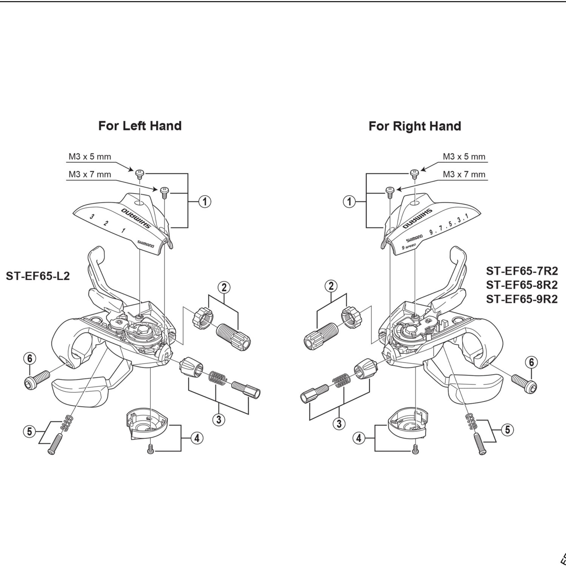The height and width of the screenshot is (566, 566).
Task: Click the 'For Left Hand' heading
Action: (140, 126)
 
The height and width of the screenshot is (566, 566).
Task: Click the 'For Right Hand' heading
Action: (415, 126)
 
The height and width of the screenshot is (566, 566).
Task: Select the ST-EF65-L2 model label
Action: (38, 276)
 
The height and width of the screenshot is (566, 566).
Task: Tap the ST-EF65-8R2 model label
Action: (522, 285)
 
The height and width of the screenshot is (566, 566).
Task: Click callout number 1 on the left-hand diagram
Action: (205, 201)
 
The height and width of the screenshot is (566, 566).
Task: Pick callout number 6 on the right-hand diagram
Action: (531, 363)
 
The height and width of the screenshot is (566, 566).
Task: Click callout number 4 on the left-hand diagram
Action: (197, 438)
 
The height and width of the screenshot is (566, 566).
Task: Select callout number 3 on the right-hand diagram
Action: (339, 423)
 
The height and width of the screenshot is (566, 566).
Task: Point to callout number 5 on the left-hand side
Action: (29, 432)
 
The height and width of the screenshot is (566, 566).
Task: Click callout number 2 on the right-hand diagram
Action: (331, 286)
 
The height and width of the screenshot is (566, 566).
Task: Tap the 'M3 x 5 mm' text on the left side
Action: (90, 157)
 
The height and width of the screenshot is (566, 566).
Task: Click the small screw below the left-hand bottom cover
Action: (150, 450)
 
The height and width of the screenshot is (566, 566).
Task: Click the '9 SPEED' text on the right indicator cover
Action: (409, 246)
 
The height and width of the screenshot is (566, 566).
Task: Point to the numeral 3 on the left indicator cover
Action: (92, 217)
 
